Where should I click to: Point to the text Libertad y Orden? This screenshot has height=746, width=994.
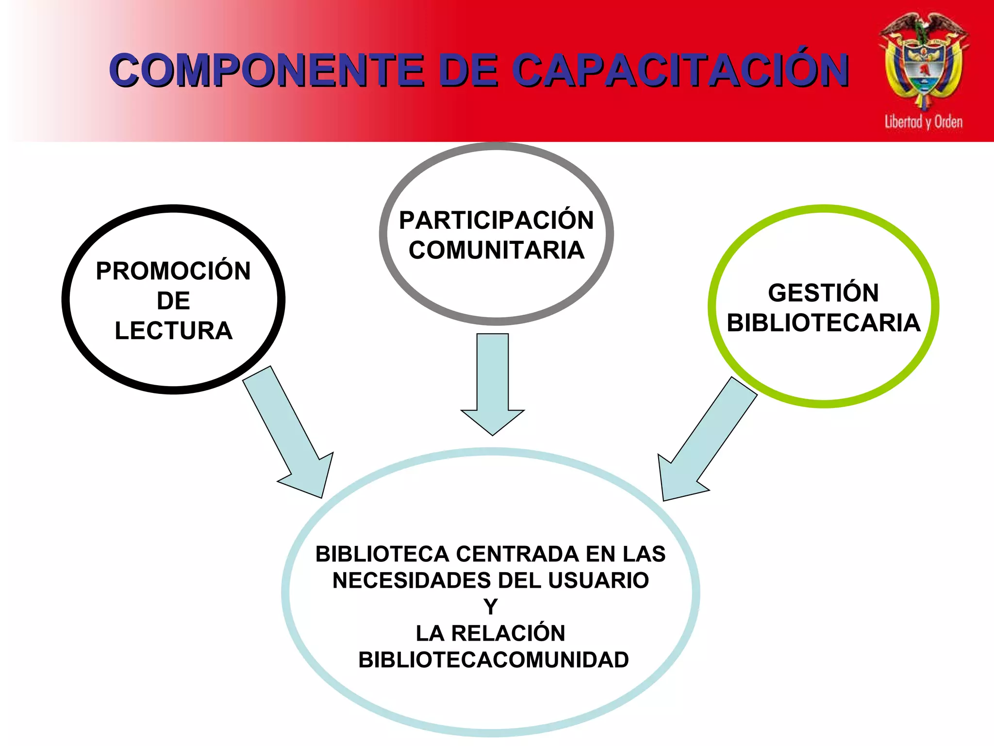(924, 121)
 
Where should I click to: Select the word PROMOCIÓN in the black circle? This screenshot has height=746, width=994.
(173, 271)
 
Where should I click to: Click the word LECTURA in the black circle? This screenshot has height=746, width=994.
(173, 331)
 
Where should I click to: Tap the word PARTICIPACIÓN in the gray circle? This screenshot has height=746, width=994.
(496, 220)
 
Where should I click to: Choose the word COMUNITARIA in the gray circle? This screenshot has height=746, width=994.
(496, 251)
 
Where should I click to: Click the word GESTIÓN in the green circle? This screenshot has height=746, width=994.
(823, 293)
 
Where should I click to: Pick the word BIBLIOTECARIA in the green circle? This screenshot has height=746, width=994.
(823, 323)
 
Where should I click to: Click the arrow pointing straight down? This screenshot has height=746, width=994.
(493, 384)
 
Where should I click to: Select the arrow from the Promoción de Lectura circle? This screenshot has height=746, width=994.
(291, 432)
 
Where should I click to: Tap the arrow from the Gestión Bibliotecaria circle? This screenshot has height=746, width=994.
(704, 442)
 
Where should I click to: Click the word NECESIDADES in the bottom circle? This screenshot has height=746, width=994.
(412, 580)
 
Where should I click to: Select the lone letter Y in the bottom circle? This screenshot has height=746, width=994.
(491, 607)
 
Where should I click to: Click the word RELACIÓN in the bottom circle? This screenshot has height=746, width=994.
(508, 633)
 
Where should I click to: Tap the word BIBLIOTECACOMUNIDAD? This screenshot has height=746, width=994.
(493, 660)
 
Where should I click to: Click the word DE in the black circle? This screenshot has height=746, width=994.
(173, 301)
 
